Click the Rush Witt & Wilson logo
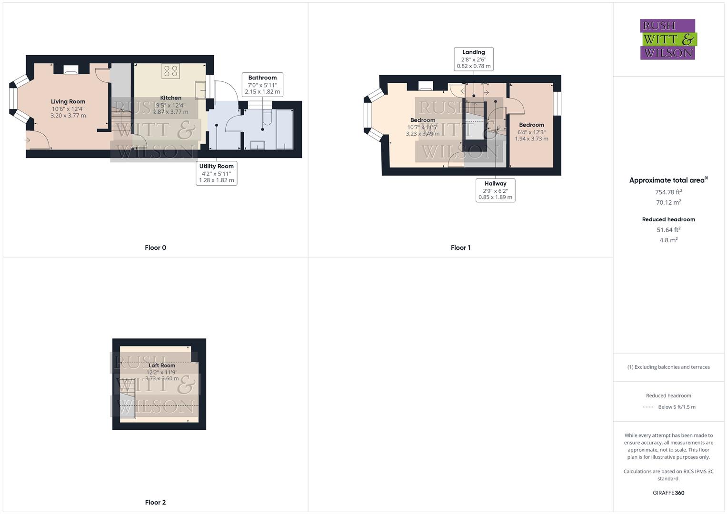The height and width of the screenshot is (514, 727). click(x=667, y=39)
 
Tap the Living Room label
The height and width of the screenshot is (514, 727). click(x=68, y=101)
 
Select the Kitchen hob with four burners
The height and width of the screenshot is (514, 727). click(x=170, y=71)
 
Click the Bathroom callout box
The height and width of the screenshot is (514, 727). click(x=262, y=85)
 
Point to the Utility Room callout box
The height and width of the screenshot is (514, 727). click(x=217, y=173)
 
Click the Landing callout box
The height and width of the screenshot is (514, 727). click(x=474, y=59)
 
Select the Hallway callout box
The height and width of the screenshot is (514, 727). click(x=495, y=190)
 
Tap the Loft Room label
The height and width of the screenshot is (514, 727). click(x=162, y=366)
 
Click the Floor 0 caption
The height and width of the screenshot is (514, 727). click(x=155, y=247)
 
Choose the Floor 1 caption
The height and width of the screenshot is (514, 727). click(x=460, y=247)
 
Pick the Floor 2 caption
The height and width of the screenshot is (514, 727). click(x=155, y=502)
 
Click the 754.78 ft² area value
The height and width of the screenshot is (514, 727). click(x=668, y=192)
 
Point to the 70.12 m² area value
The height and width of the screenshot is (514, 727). click(x=668, y=202)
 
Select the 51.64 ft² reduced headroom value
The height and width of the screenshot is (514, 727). click(x=668, y=230)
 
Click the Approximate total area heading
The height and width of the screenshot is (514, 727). click(x=667, y=180)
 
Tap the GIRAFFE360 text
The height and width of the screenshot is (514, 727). click(x=668, y=493)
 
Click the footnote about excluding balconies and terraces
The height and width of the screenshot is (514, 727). click(x=668, y=367)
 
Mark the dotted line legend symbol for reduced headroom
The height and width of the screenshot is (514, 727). click(x=648, y=407)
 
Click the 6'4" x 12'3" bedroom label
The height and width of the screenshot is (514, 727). click(x=531, y=132)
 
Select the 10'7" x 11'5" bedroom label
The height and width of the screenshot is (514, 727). click(x=423, y=127)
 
